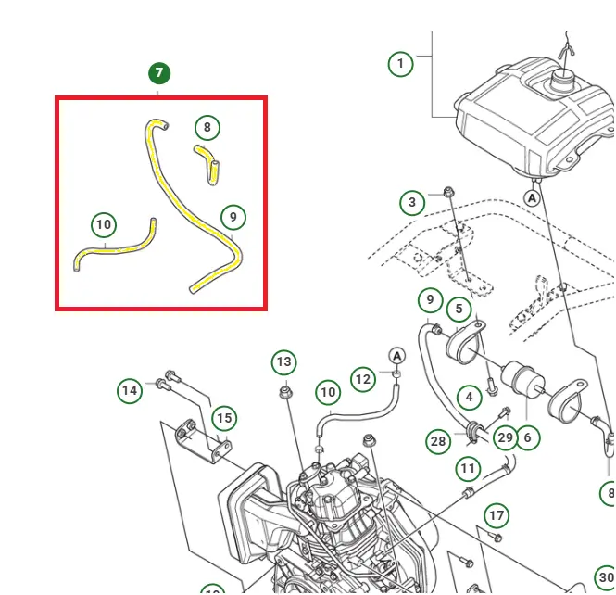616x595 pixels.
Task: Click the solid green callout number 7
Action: tap(158, 73)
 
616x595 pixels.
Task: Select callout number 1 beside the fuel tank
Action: tap(400, 64)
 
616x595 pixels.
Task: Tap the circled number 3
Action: tap(412, 202)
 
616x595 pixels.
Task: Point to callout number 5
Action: tap(459, 309)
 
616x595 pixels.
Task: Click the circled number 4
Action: tap(470, 398)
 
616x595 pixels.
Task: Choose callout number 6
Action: tap(527, 437)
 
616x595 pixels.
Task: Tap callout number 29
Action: tap(505, 437)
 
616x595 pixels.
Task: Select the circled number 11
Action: tap(469, 469)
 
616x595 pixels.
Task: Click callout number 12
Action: tap(363, 379)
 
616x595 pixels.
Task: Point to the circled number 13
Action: tap(283, 361)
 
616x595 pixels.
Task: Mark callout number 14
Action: tap(130, 391)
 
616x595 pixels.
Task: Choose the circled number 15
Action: tap(223, 418)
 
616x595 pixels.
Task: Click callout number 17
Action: tap(497, 515)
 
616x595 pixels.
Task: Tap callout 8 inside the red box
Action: tap(207, 127)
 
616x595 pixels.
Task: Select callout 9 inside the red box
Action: tap(233, 218)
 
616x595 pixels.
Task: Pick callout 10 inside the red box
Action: tap(104, 225)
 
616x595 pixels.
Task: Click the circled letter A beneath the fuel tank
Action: tap(532, 197)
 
